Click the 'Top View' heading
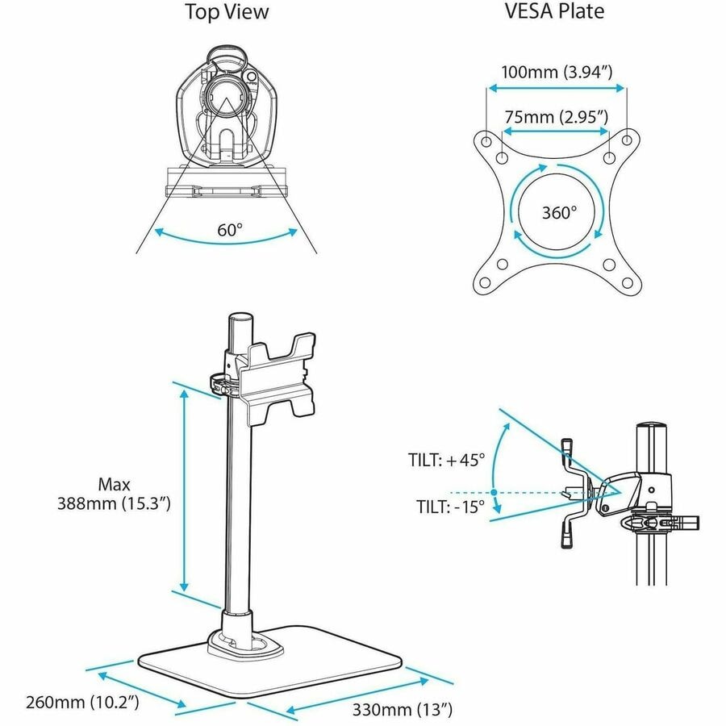click(x=227, y=12)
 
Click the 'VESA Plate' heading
click(x=554, y=11)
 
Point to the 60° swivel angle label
click(x=230, y=230)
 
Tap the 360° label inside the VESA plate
click(x=559, y=212)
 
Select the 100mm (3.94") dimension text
click(x=557, y=73)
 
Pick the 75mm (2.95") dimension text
click(x=556, y=117)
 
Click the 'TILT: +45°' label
click(x=446, y=460)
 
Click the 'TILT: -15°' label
click(x=450, y=507)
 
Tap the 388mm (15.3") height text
click(x=114, y=503)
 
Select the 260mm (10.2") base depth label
click(x=82, y=702)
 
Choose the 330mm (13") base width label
click(x=402, y=709)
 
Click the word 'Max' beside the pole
click(x=114, y=485)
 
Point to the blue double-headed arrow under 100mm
click(x=557, y=88)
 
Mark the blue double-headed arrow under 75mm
click(x=556, y=131)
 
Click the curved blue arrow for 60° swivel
click(x=226, y=240)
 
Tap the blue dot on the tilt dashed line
click(x=494, y=492)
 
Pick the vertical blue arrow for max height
click(x=184, y=490)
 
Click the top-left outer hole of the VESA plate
click(x=486, y=140)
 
